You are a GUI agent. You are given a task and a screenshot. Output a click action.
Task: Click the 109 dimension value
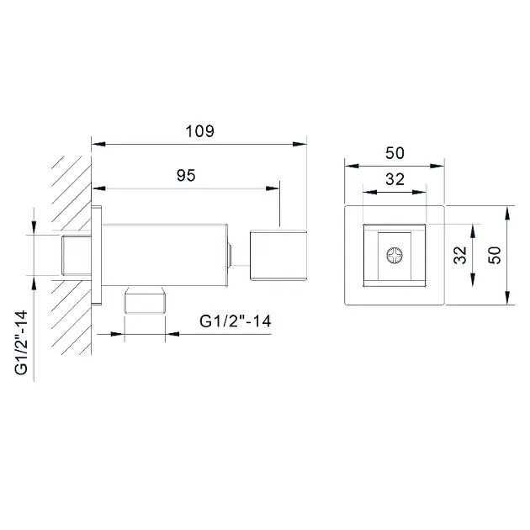199,131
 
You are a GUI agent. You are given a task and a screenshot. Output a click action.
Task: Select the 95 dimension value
186,175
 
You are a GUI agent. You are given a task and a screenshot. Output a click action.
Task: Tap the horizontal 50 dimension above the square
395,153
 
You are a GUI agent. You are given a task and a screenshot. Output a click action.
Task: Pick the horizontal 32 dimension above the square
395,179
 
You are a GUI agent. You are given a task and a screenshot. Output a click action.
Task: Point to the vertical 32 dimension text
460,255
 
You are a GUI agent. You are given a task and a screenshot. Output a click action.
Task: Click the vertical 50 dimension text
494,255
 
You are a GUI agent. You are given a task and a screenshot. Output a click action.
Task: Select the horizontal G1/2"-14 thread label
236,321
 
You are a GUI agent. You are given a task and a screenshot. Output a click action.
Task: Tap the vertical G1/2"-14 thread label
21,342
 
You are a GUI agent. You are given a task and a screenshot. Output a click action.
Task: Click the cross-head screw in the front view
395,255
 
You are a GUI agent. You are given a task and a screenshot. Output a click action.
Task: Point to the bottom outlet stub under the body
145,300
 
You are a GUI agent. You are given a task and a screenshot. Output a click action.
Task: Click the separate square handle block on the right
278,255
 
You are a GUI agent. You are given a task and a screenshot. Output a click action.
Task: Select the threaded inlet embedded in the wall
77,255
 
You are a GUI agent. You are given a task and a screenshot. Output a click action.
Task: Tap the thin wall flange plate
97,255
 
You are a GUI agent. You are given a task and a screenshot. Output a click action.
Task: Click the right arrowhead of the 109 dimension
299,144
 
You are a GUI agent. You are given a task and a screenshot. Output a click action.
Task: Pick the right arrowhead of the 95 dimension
273,188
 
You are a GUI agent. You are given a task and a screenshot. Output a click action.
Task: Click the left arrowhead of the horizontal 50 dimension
352,166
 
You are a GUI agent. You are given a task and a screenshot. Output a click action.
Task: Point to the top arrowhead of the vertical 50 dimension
507,213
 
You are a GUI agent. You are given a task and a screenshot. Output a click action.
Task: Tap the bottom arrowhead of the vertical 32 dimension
473,280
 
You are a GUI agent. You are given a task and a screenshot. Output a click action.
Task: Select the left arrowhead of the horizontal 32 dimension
370,193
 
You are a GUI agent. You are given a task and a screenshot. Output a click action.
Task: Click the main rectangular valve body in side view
165,255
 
